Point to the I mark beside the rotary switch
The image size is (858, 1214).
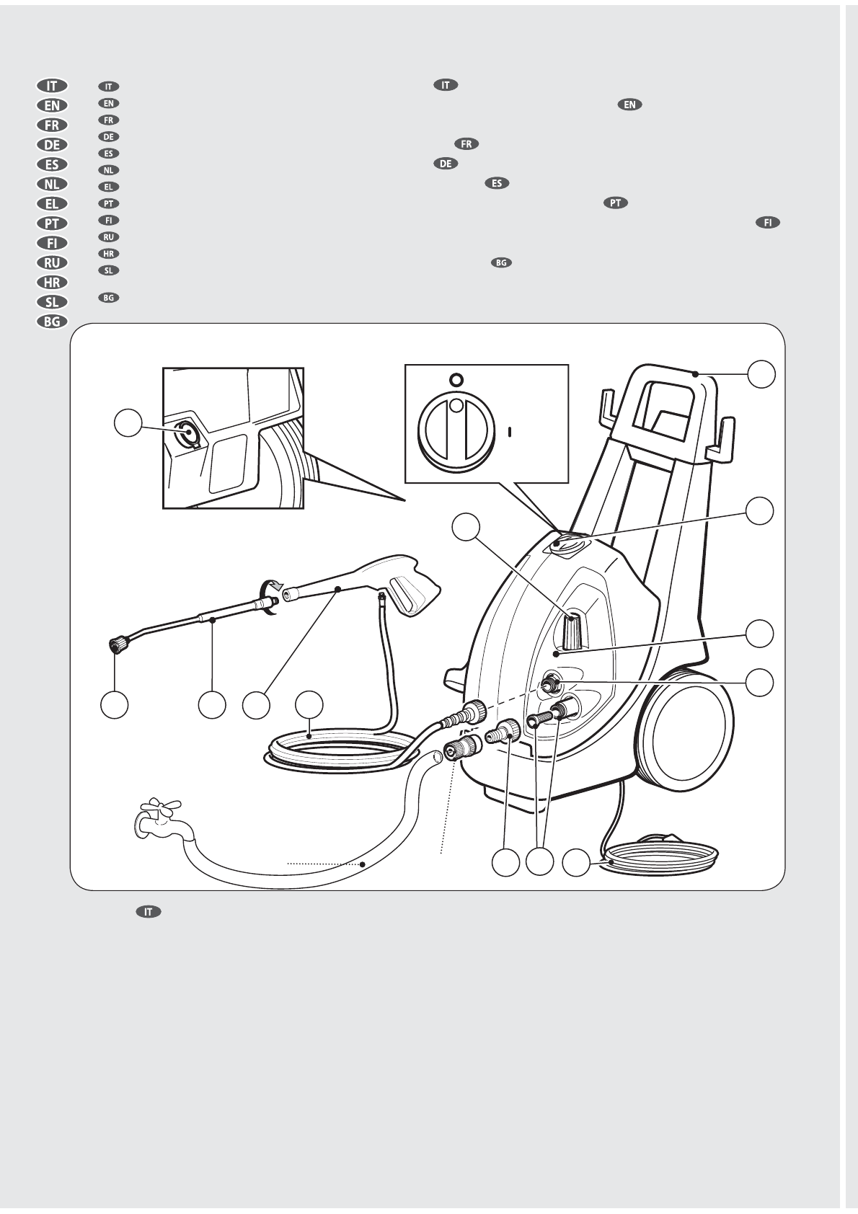tap(510, 431)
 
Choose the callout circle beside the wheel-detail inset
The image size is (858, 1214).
tap(129, 424)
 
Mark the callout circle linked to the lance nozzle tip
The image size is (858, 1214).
tap(115, 705)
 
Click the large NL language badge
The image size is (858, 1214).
tap(52, 184)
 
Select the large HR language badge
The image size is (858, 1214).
tap(52, 282)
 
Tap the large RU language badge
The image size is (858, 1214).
tap(52, 262)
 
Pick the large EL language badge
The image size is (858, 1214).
tap(52, 203)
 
